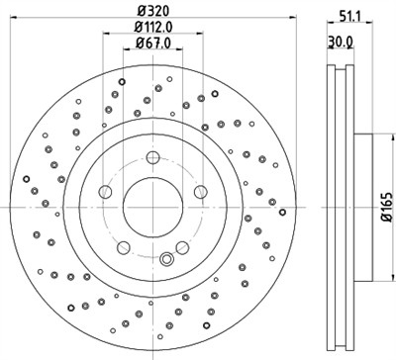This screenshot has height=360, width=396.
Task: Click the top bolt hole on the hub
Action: tap(151, 156)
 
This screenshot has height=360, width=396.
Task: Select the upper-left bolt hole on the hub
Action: tap(104, 191)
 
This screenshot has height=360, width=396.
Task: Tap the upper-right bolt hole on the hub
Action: tap(199, 191)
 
